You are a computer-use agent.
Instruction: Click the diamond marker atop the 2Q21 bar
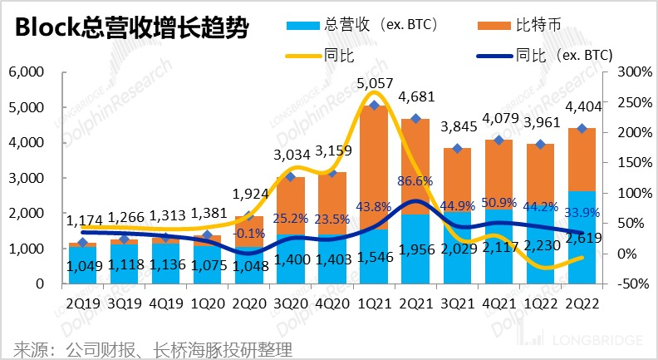coord(416,119)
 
